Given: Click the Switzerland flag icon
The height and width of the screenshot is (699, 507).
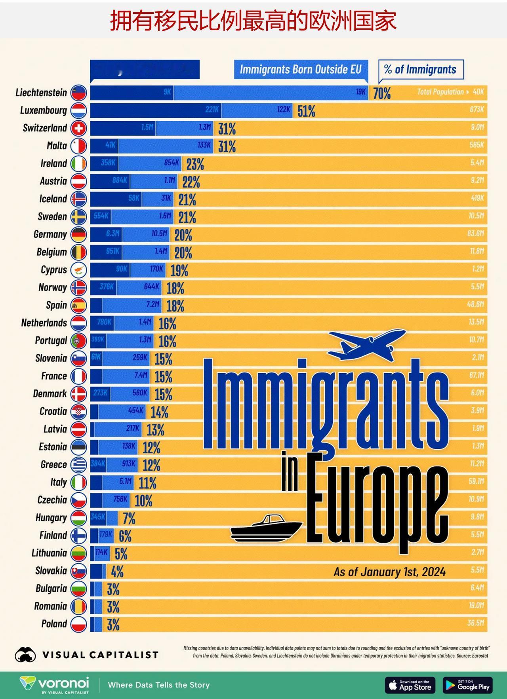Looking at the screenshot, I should point(78,128).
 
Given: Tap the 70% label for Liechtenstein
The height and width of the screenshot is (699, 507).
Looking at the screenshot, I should point(382,93).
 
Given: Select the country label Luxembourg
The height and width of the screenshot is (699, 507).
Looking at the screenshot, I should point(44,110).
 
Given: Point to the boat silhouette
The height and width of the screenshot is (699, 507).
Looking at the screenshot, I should point(266,528).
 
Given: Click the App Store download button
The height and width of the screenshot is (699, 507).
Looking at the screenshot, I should point(410,685).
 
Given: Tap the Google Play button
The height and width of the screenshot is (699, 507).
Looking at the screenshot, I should point(468,685).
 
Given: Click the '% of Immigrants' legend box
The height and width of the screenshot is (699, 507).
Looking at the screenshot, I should point(421,70).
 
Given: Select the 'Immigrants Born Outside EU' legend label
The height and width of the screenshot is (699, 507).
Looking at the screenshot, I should point(301,70).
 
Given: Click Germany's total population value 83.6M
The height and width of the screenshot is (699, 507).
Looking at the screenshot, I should point(476,234).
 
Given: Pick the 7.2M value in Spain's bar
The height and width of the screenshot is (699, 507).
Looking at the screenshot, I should point(152,304).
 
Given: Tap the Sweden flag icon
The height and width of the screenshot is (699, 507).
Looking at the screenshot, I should point(78,217).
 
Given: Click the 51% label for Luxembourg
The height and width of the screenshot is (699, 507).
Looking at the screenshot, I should point(306,111).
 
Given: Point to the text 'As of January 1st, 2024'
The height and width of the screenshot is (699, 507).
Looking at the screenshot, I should point(389,572).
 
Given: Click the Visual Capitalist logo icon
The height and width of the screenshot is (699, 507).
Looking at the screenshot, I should point(25,655).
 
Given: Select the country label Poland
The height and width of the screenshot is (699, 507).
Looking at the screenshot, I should point(54,624).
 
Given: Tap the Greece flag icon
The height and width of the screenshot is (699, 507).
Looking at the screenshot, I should point(78,465).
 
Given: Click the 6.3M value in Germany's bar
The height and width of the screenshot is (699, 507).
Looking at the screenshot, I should point(113,234).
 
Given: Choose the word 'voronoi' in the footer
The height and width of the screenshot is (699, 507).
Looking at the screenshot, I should point(63,683).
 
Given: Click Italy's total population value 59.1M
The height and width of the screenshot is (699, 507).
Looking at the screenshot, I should point(476,481).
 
